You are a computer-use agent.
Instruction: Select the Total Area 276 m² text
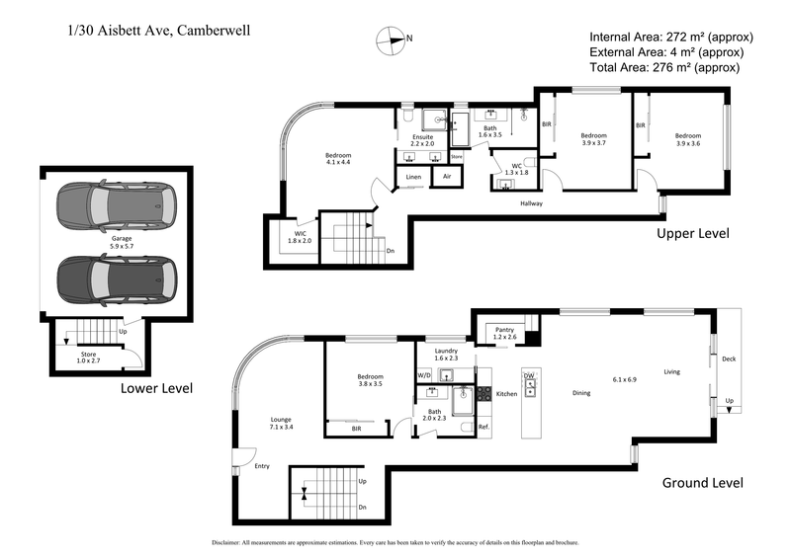(x=663, y=67)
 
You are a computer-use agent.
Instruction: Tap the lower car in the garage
(x=117, y=279)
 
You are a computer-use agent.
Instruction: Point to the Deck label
(x=729, y=359)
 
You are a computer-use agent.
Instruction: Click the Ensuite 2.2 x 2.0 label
(x=422, y=140)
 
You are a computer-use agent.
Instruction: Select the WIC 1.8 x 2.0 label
(x=299, y=235)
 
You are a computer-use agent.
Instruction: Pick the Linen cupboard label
(x=412, y=177)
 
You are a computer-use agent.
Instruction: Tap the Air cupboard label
(x=447, y=177)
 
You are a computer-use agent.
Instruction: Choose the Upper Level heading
(x=692, y=234)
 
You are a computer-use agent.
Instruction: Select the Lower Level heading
(x=155, y=387)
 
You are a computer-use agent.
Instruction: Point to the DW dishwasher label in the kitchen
(x=529, y=375)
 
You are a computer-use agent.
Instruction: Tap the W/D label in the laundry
(x=423, y=375)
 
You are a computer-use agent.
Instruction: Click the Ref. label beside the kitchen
(x=484, y=427)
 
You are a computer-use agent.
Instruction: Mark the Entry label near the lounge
(x=262, y=466)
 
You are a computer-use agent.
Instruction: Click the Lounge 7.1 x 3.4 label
(x=281, y=423)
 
